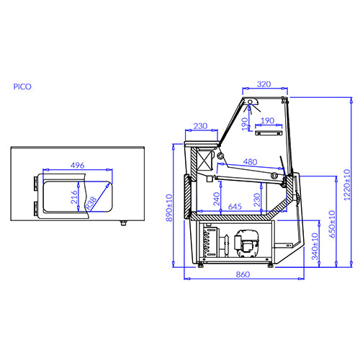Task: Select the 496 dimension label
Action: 76,165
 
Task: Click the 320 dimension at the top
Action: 264,84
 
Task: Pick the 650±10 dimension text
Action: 331,225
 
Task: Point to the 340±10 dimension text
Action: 315,246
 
